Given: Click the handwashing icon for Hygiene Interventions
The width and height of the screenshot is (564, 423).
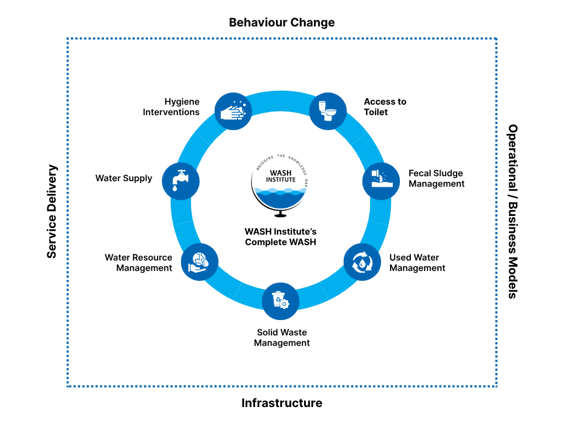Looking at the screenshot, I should click(233, 111).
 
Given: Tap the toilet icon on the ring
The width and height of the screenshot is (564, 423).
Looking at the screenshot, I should click(328, 111).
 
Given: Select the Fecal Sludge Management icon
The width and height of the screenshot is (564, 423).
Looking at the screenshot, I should click(381, 181).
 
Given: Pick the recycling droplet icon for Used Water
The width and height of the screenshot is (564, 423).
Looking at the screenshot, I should click(362, 262).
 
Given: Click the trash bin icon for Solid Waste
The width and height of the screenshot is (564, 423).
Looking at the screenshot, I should click(280, 301).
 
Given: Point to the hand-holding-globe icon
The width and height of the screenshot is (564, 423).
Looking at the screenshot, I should click(199, 262).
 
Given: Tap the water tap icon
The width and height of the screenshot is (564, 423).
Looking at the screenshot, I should click(180, 181).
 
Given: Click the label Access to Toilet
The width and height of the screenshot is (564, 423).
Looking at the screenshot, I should click(385, 107).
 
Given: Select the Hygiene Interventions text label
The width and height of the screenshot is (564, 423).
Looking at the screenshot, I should click(171, 107).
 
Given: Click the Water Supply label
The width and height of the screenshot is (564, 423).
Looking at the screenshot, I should click(123, 178).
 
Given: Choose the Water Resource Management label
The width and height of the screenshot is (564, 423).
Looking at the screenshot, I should click(139, 263).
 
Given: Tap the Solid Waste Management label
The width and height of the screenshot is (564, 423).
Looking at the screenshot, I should click(281, 338).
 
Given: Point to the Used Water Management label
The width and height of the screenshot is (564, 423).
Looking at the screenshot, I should click(417, 263).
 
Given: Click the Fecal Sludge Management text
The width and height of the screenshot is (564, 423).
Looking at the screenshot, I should click(436, 178).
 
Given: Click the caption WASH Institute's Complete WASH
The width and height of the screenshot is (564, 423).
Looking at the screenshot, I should click(280, 237).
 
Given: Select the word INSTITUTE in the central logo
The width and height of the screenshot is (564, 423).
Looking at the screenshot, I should click(280, 180).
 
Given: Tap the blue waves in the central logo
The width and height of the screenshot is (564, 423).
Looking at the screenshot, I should click(281, 196).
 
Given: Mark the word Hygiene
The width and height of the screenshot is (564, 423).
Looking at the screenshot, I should click(182, 101).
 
